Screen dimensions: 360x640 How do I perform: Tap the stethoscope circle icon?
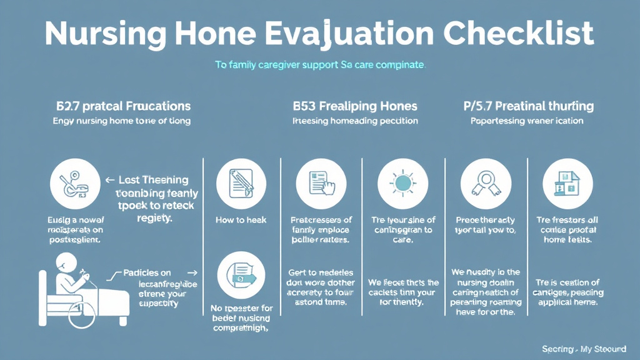pos(74,183)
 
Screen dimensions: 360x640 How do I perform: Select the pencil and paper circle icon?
pos(241,183)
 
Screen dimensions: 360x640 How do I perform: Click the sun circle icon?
pos(402,183)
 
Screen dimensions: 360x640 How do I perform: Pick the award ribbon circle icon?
pos(485,183)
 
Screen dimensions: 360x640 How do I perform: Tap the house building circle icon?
pos(567,183)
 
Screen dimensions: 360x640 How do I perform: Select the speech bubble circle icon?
pos(241,277)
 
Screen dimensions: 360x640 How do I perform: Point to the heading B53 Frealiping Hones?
pos(354,106)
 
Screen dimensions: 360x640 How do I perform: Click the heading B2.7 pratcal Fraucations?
pos(122,106)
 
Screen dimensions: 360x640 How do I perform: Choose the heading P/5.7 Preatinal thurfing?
pos(528,106)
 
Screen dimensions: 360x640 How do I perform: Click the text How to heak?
pos(241,220)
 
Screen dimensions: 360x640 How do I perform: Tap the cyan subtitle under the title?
pos(319,64)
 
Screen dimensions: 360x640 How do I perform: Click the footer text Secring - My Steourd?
pos(585,348)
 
